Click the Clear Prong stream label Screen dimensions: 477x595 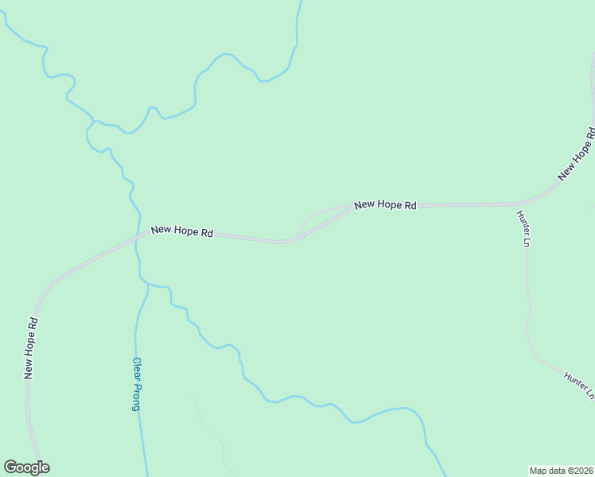pos(137,383)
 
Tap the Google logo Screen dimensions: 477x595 pos(26,467)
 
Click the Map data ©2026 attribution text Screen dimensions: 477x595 pos(562,470)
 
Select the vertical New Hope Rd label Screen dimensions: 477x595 pos(30,347)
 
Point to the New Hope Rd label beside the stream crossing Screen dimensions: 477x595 pos(182,232)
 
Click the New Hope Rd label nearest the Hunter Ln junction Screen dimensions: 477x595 pos(386,205)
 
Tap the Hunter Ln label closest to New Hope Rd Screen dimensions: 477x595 pos(523,228)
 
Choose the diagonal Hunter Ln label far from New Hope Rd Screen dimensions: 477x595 pos(579,385)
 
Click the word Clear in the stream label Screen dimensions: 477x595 pos(137,368)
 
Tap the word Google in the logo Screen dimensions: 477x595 pos(26,467)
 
